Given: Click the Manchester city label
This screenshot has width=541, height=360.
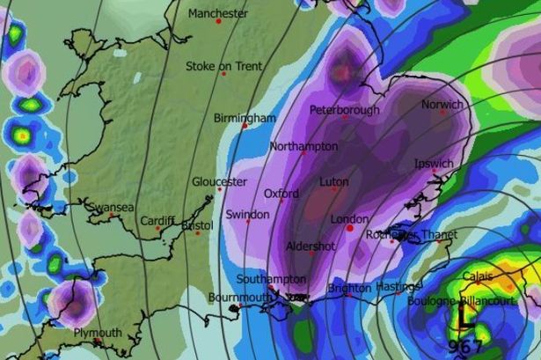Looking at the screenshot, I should (218, 14).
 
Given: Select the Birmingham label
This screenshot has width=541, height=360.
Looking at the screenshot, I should (245, 118).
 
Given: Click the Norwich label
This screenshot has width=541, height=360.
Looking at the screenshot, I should (442, 105).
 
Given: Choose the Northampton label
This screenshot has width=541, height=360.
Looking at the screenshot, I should (303, 146).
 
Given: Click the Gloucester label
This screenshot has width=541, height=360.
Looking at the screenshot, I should (219, 181).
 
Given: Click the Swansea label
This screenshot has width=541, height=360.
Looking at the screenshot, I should (111, 208).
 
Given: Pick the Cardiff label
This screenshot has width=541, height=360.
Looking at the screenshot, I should (157, 220).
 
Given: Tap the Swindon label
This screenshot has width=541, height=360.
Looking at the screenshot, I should (247, 215).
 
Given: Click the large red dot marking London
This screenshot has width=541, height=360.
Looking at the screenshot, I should (350, 228).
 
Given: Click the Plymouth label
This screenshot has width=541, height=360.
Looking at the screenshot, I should (98, 333).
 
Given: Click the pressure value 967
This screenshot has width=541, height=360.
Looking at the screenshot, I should (465, 344).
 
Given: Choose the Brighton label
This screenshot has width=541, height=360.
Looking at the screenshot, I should (348, 288).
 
